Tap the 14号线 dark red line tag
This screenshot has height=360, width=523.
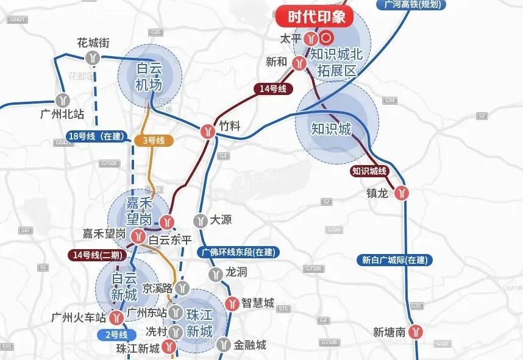point(272,89)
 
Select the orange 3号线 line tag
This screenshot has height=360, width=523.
point(154,141)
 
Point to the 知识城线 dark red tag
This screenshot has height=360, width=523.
point(369,171)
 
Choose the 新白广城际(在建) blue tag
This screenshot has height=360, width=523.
point(394,260)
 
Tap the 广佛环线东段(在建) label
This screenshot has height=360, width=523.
point(238,252)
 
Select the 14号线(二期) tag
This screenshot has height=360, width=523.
point(94,255)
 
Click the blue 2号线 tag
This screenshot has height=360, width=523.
point(116,334)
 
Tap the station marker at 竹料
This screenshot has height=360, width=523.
point(208,130)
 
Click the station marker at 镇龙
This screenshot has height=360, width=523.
point(401,192)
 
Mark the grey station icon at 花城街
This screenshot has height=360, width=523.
point(93,58)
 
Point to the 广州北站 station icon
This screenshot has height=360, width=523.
point(62,100)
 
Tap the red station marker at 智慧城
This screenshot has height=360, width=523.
point(232,303)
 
